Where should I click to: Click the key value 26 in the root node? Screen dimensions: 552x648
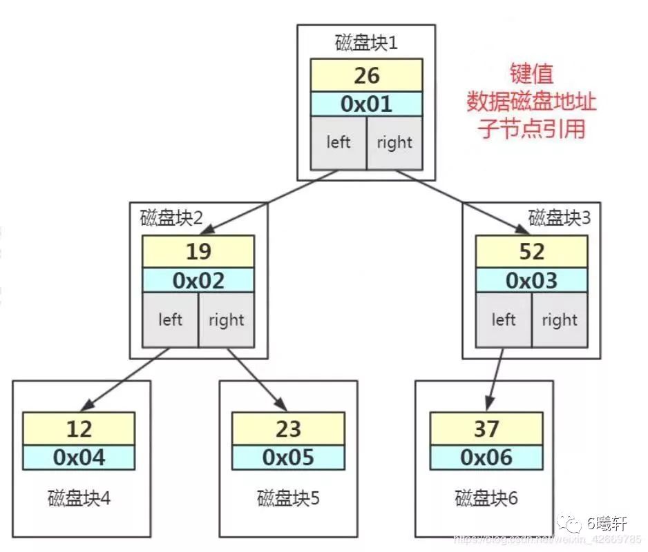point(366,75)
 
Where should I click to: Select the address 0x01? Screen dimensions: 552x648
point(366,103)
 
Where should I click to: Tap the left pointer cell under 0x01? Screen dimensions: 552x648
point(339,143)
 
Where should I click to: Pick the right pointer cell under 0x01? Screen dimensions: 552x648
point(394,143)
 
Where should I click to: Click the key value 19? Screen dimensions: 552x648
point(198,251)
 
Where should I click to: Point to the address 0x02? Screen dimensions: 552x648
point(198,280)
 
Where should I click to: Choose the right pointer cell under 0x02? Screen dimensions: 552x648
point(227,320)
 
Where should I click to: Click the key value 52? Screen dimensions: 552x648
point(531,251)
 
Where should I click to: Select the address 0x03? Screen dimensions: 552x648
point(531,280)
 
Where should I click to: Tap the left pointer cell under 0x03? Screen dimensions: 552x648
point(504,320)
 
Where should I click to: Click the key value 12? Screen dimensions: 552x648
point(79,428)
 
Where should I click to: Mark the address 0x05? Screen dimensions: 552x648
point(288,457)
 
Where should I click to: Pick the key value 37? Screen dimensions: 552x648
point(486,428)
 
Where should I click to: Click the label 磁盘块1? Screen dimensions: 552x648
point(367,43)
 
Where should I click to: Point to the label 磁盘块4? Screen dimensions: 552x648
point(79,497)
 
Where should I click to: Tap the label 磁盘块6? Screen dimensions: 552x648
point(486,497)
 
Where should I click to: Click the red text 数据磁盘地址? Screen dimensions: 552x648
point(531,102)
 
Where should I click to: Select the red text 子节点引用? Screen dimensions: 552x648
point(531,129)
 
